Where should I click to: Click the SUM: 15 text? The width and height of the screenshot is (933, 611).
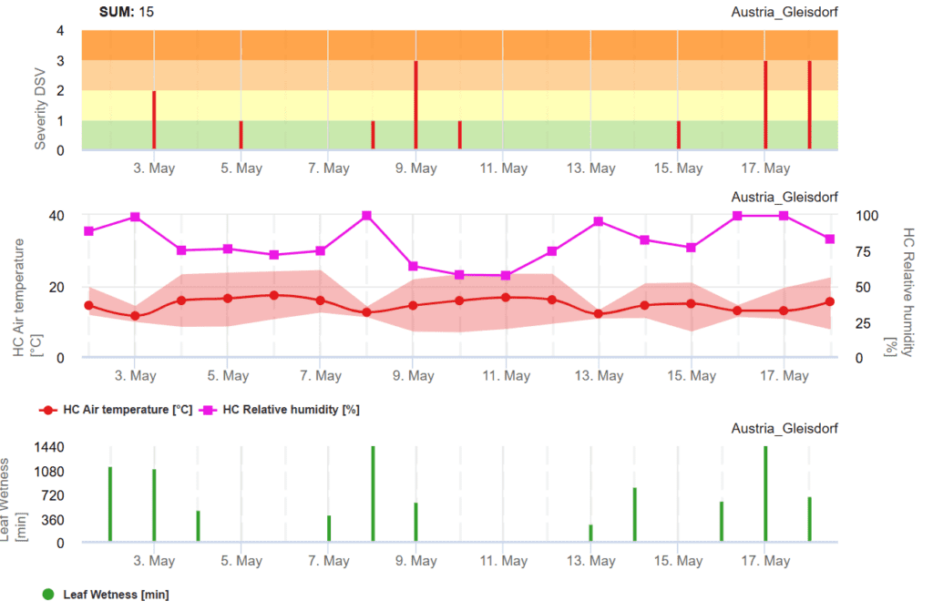tap(127, 12)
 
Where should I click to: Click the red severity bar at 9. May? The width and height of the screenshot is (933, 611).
tap(415, 105)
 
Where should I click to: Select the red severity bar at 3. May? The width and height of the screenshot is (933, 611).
tap(154, 119)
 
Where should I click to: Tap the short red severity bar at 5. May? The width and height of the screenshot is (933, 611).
tap(241, 135)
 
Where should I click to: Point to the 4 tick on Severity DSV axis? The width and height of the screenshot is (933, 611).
tap(60, 31)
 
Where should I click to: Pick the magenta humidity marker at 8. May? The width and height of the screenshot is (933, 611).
tap(367, 216)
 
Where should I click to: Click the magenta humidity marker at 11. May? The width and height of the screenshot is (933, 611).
tap(506, 275)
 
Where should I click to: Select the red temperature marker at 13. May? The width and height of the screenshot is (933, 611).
tap(599, 314)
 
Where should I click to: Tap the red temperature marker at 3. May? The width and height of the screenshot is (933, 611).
tap(136, 316)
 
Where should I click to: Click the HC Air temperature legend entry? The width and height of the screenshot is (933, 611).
tap(117, 410)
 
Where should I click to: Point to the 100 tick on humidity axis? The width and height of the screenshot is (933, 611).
tap(865, 216)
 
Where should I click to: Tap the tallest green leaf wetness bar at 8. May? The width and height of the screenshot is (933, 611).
tap(373, 494)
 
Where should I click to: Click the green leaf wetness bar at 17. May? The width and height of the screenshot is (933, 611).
tap(765, 494)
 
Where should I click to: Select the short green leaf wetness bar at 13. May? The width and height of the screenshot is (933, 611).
tap(590, 533)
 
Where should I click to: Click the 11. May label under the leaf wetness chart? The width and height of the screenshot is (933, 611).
tap(503, 561)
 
